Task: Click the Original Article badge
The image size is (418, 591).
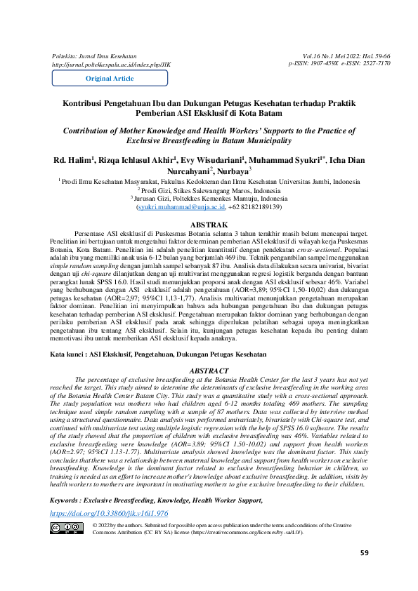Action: tap(109, 79)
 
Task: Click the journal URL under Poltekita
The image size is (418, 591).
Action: tap(111, 63)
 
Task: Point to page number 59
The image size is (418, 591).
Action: tap(364, 573)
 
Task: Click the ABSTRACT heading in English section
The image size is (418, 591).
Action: tap(209, 370)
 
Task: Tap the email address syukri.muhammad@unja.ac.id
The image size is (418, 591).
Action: tap(181, 207)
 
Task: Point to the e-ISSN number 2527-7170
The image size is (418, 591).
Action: tap(376, 63)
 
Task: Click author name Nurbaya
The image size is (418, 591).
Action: tap(233, 170)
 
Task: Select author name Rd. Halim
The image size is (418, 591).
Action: tap(73, 160)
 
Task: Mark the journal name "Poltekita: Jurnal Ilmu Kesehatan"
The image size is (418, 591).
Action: tap(94, 55)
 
